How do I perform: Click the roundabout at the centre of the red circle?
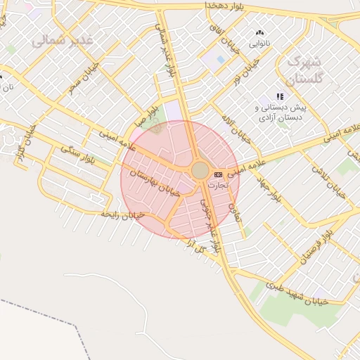[x=200, y=171]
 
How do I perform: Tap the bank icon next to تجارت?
[x=218, y=174]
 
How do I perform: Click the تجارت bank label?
[x=217, y=184]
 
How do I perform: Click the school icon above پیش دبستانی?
[x=280, y=96]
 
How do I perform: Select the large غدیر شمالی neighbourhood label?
[x=63, y=40]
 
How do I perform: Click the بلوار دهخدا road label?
[x=235, y=6]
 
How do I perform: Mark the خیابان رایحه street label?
[x=122, y=213]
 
